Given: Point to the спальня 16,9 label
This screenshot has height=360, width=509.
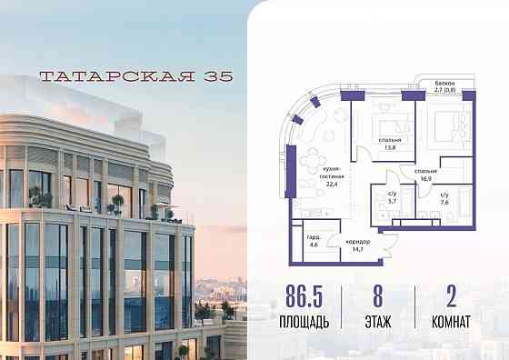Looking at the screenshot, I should (x=425, y=174).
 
